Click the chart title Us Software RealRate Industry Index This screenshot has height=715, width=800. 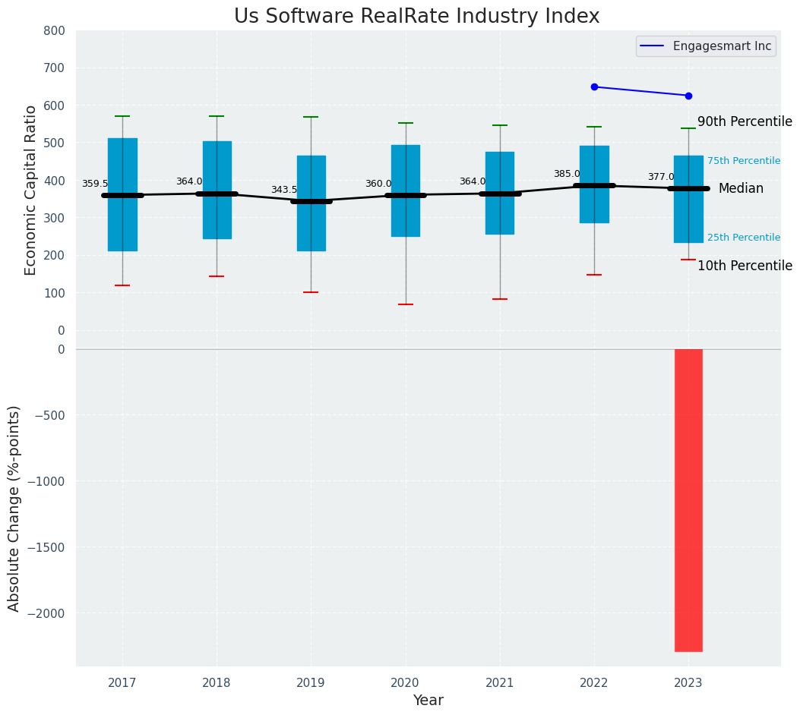[x=416, y=17]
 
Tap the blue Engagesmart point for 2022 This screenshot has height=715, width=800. [x=594, y=87]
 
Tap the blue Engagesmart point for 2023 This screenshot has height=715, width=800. [x=688, y=96]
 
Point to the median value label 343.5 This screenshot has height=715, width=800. [x=284, y=190]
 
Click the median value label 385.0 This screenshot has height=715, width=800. [x=567, y=174]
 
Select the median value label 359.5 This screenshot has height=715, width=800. [x=95, y=184]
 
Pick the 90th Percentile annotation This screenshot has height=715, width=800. [x=745, y=122]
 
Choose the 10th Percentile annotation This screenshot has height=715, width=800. [x=745, y=266]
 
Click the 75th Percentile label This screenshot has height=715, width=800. [x=744, y=161]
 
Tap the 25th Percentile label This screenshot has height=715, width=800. [x=744, y=238]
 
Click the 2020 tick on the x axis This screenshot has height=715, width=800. [x=405, y=683]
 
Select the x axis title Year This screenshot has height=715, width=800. [x=428, y=701]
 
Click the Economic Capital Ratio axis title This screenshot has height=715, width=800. [x=31, y=190]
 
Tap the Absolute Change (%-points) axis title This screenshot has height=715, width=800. [x=14, y=508]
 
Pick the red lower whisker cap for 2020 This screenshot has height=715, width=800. [x=406, y=304]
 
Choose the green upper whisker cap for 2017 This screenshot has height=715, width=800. [x=122, y=116]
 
